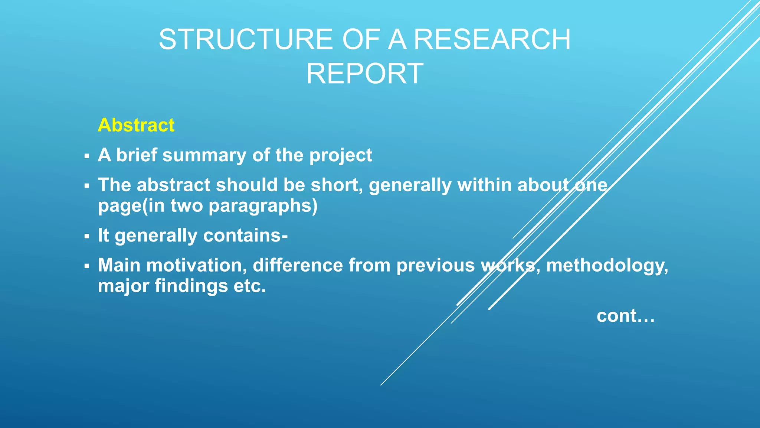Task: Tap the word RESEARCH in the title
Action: (492, 39)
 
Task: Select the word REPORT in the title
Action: (364, 74)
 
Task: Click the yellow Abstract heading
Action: (136, 125)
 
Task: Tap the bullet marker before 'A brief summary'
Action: (87, 156)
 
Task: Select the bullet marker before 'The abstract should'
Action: (87, 185)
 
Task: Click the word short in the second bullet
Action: (336, 185)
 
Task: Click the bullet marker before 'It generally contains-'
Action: (87, 236)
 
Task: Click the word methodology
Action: (607, 266)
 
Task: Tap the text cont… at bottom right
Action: (625, 316)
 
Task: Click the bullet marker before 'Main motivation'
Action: (87, 266)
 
